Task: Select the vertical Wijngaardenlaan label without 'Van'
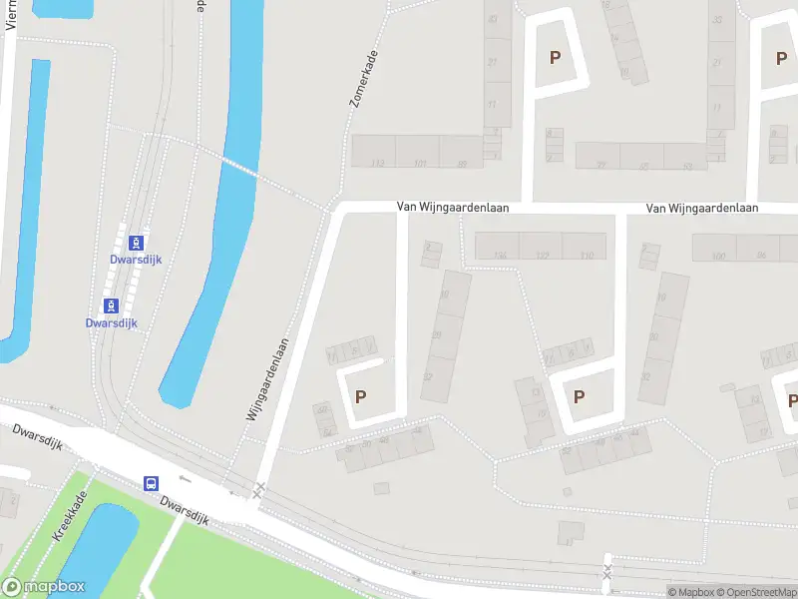tap(266, 378)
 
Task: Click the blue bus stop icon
tap(152, 483)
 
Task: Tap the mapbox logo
tap(43, 587)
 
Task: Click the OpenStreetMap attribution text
tap(755, 592)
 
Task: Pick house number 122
tap(542, 256)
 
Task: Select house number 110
tap(586, 256)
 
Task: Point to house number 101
tap(420, 164)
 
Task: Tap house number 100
tap(718, 257)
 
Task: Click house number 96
tap(761, 257)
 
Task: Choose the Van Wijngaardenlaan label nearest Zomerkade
tap(453, 208)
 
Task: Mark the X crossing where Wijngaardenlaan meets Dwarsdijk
tap(259, 489)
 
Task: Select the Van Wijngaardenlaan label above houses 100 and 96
tap(702, 208)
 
